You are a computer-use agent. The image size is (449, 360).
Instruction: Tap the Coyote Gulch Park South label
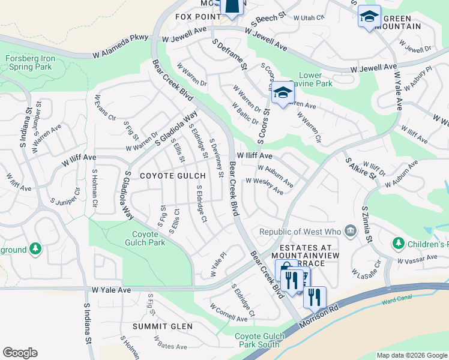257,340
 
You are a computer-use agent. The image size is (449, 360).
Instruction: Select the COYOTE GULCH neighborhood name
164,176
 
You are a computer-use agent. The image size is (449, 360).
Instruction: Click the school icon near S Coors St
282,93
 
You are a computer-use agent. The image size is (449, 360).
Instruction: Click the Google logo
20,352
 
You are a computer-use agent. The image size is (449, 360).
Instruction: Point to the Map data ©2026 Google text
412,355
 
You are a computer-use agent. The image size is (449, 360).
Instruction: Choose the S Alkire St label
360,168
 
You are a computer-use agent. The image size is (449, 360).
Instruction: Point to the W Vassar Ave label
417,259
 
